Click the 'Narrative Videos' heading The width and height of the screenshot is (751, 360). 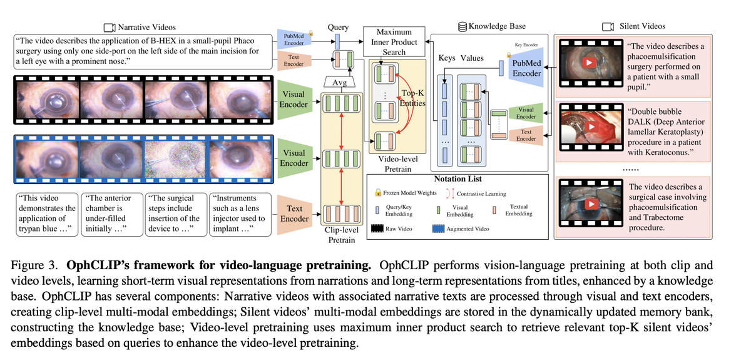[146, 27]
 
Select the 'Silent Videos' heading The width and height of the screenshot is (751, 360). [642, 26]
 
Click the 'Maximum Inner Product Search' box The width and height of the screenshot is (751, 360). [394, 42]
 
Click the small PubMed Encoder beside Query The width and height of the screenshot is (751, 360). [294, 40]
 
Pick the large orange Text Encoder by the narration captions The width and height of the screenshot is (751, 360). [294, 213]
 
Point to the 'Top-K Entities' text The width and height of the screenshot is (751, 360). [413, 98]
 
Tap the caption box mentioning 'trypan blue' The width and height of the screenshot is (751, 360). [46, 213]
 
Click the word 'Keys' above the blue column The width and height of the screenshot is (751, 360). [447, 58]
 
